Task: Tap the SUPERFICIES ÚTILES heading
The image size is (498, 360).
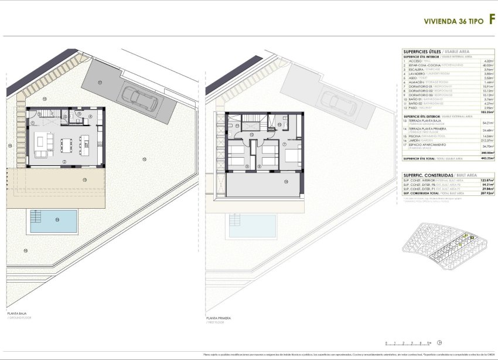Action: (424, 51)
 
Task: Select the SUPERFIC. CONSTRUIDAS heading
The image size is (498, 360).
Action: (428, 175)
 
